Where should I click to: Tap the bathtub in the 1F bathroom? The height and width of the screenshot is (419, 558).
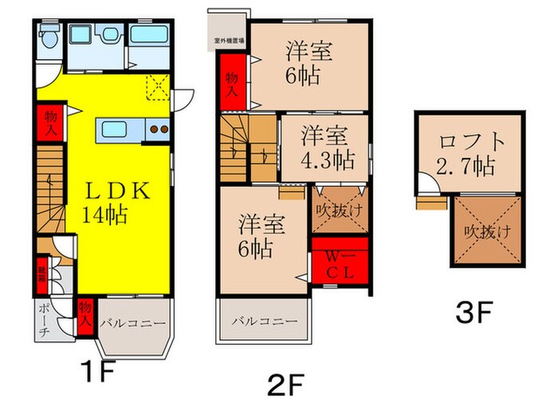point(148,37)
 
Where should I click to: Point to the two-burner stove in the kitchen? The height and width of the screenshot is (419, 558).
point(157,128)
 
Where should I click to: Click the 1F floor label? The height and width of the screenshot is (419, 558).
point(100,371)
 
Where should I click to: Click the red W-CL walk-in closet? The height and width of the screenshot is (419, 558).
point(340,263)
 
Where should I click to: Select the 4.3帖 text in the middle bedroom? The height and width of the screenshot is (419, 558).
point(327,159)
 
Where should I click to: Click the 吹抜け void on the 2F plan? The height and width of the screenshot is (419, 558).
point(340,211)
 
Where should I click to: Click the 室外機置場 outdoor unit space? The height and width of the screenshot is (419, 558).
point(228,38)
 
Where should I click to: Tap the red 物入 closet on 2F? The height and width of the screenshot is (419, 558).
point(232,81)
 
